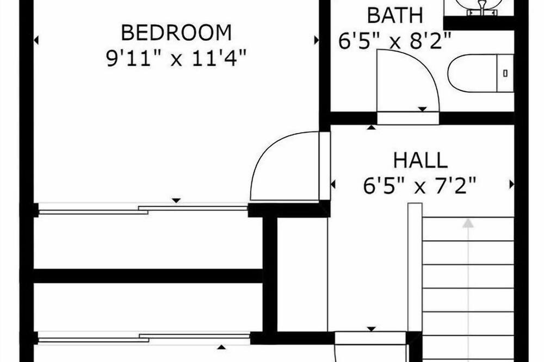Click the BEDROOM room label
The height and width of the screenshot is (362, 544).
tap(176, 33)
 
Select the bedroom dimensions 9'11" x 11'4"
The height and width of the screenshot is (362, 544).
tap(176, 58)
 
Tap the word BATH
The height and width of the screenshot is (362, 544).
tap(395, 16)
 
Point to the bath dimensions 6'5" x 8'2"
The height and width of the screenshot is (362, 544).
tap(395, 41)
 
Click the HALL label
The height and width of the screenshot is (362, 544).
tap(420, 160)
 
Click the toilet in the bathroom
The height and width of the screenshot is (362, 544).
tap(480, 73)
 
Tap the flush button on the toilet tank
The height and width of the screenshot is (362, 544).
tap(505, 73)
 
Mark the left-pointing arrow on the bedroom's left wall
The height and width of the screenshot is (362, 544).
tap(36, 40)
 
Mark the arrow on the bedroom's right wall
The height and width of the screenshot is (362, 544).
tap(317, 40)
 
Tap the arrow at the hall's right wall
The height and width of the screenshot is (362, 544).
tap(511, 184)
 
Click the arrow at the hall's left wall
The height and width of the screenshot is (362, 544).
tap(333, 184)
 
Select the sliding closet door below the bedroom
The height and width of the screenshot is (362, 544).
tap(143, 209)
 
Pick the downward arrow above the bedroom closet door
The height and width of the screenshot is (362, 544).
tap(176, 201)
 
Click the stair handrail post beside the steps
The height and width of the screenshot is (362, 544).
tap(415, 267)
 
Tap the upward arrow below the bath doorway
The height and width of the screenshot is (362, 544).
tap(371, 127)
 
